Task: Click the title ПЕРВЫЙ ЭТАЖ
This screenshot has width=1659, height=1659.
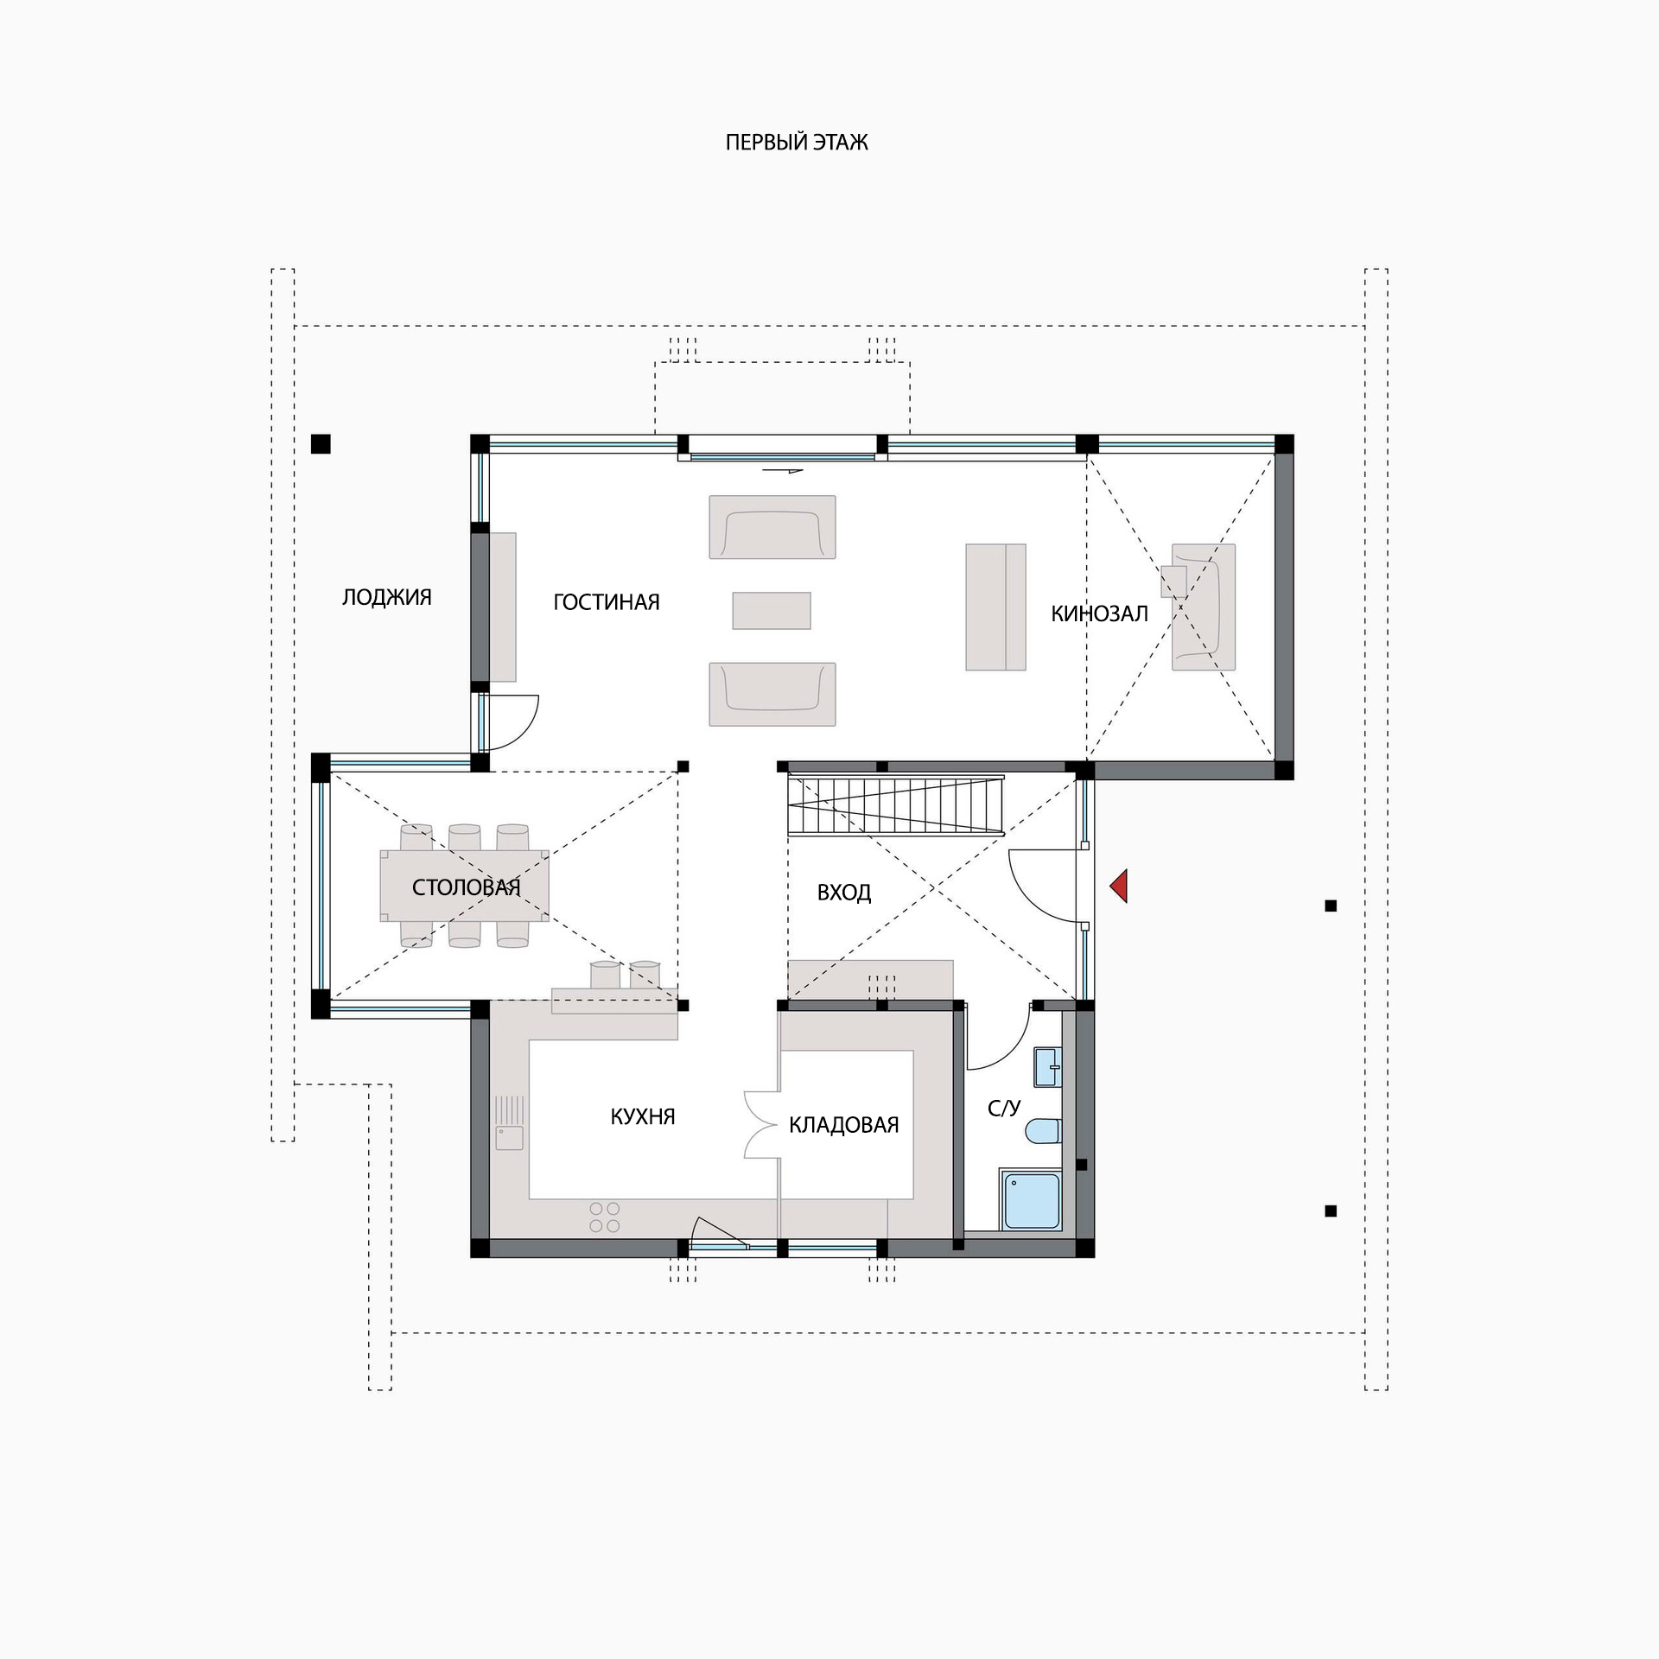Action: tap(797, 143)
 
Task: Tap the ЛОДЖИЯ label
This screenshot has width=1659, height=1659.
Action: tap(387, 597)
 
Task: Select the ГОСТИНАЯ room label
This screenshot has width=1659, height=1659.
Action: tap(607, 602)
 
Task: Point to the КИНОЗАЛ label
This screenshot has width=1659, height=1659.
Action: tap(1099, 613)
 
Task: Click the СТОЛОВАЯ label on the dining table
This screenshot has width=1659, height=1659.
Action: tap(467, 887)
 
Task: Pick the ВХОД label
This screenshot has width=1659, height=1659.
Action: tap(844, 893)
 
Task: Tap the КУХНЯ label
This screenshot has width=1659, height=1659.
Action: tap(643, 1116)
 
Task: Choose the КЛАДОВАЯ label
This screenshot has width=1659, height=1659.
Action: tap(844, 1124)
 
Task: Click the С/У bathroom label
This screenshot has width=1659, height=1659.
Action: tap(1004, 1109)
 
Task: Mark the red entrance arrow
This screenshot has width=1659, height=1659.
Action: tap(1120, 887)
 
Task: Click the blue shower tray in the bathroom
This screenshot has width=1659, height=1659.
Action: tap(1031, 1200)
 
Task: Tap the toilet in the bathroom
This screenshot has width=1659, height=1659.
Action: tap(1044, 1130)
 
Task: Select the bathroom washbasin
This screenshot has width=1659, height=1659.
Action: tap(1048, 1067)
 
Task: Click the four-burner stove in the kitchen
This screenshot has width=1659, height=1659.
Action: tap(605, 1217)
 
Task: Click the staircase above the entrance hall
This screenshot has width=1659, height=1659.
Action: tap(896, 805)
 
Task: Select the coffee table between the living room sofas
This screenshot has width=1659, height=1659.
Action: tap(772, 611)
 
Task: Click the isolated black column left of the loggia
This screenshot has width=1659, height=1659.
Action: tap(321, 444)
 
